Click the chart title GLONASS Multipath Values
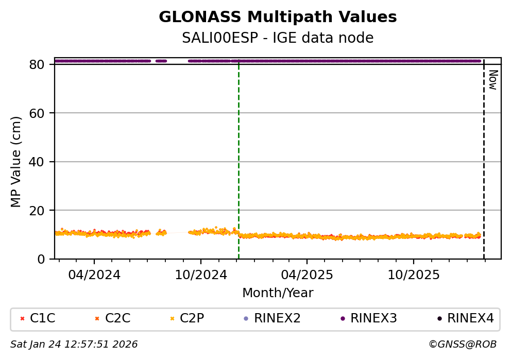click(278, 17)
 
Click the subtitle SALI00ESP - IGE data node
click(278, 38)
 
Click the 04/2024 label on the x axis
click(94, 275)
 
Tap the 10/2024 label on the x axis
click(201, 275)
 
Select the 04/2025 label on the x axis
click(307, 275)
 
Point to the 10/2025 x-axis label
click(414, 275)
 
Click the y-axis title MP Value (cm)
click(16, 162)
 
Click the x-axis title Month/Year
click(278, 293)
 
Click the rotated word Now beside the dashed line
click(492, 80)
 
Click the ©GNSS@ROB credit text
click(462, 344)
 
